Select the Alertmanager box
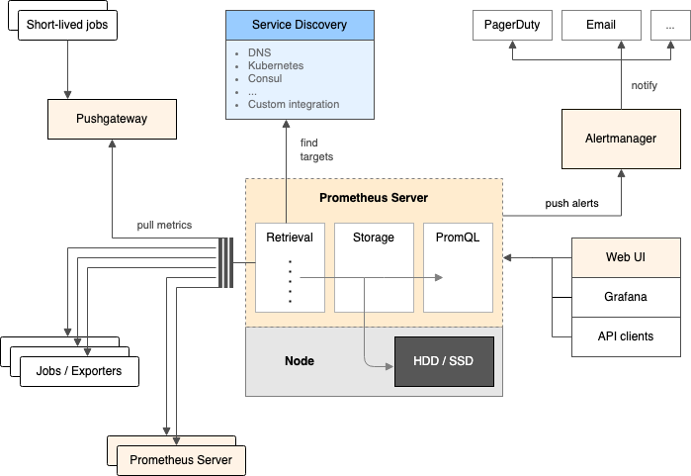point(621,139)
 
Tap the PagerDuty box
point(511,25)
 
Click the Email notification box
point(600,25)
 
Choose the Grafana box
point(626,296)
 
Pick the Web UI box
point(626,257)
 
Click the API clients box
point(626,335)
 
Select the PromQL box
point(458,238)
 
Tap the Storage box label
point(374,238)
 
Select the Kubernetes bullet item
point(276,65)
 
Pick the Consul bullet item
point(265,78)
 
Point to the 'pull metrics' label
point(164,226)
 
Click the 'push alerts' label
point(572,203)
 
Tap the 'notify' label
point(644,85)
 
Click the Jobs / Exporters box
point(80,371)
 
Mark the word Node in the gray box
point(299,361)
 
